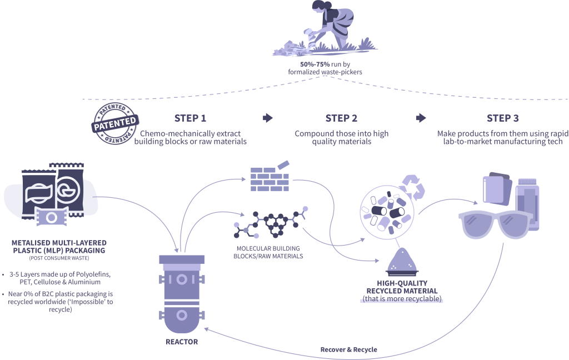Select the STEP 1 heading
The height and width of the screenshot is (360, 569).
tap(190, 118)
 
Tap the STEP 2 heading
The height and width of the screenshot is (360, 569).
tap(341, 118)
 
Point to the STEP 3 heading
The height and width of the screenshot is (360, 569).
tap(502, 118)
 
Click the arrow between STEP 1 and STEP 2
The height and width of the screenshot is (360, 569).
tap(268, 118)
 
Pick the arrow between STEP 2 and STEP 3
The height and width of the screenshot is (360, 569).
tap(421, 118)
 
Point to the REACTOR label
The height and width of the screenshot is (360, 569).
tap(182, 342)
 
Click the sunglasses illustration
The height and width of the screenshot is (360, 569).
tap(495, 225)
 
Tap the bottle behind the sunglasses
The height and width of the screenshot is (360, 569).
tap(526, 203)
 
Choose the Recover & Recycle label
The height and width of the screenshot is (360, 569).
tap(348, 349)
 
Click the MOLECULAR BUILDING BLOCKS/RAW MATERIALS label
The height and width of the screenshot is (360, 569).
tap(270, 253)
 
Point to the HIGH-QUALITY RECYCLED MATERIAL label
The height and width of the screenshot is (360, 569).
tap(402, 287)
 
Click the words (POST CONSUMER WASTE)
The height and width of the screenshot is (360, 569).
tap(59, 259)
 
